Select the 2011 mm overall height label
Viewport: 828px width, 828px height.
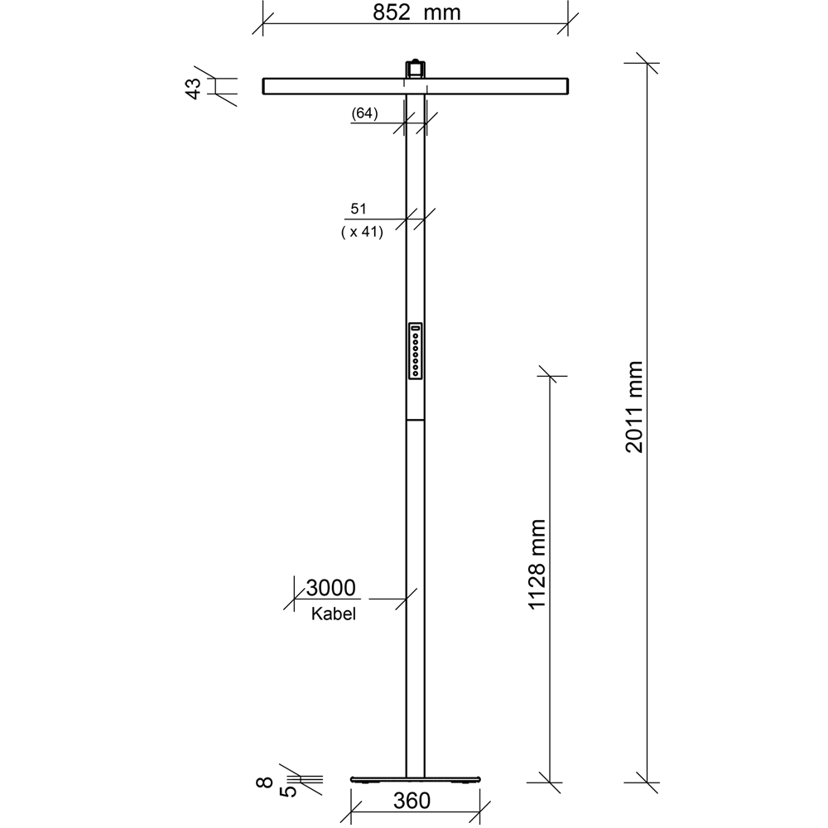coord(634,406)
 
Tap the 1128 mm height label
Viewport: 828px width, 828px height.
coord(537,565)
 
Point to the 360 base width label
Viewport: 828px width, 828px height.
coord(412,801)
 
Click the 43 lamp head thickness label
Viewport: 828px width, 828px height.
coord(192,88)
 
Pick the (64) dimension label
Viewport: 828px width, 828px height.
coord(364,114)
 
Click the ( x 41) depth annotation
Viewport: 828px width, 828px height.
coord(361,233)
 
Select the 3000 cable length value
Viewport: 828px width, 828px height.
coord(330,588)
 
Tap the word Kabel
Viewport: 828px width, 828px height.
coord(334,614)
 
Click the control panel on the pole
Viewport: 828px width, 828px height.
coord(415,351)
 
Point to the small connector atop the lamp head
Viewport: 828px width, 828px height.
coord(415,67)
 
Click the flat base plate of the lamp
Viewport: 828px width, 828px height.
coord(415,779)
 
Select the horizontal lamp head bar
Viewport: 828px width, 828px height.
coord(331,86)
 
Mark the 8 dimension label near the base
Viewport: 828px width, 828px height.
coord(264,782)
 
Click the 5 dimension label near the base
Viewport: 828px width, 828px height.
coord(287,792)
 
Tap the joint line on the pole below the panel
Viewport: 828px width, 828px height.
coord(415,420)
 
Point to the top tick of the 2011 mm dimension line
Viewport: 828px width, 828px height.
coord(647,65)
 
